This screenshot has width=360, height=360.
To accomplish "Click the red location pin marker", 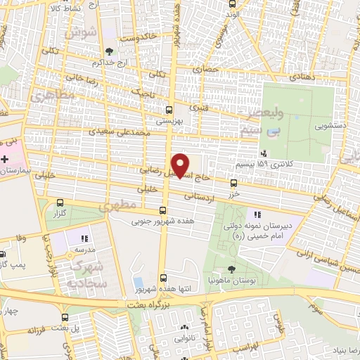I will [181, 165].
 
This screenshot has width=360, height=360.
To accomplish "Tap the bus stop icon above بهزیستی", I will [168, 110].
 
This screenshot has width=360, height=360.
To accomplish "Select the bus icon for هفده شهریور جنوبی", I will [163, 210].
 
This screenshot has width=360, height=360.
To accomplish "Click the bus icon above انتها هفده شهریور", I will [163, 278].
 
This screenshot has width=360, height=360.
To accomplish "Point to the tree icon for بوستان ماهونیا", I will [233, 269].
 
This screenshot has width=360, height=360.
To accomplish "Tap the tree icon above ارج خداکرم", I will [108, 51].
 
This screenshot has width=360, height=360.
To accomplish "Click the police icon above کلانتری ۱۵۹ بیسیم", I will [263, 153].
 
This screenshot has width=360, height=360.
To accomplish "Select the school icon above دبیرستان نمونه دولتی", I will [257, 214].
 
